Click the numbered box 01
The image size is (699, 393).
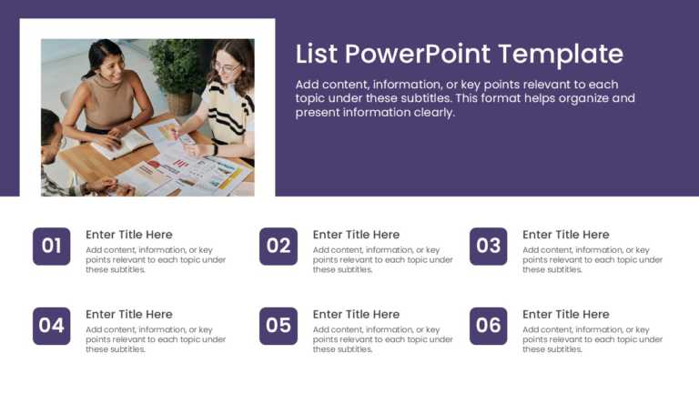coord(51,246)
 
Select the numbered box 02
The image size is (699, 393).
coord(279,246)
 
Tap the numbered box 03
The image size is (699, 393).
coord(489,246)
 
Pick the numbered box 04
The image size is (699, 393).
coord(51,326)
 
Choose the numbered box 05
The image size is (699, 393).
coord(279,326)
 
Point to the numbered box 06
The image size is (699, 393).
coord(489,326)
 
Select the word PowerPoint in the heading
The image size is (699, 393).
coord(420,54)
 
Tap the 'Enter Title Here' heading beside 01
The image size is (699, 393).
coord(128,235)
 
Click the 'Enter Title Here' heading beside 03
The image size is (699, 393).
coord(565,235)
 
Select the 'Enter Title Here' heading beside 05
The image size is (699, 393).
coord(356,315)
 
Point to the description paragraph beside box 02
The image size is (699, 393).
coord(382,259)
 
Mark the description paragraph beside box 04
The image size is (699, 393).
coord(156,339)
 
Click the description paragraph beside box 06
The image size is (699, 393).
coord(593,339)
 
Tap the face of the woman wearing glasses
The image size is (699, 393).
coord(224,66)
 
